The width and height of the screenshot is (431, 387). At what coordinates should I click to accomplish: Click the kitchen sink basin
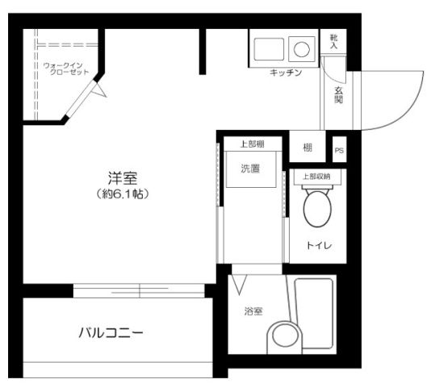pyautogui.click(x=269, y=49)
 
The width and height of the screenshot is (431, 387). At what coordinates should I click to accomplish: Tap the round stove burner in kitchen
pyautogui.click(x=301, y=49)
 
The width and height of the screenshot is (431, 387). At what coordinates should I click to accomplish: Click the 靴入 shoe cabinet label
pyautogui.click(x=334, y=42)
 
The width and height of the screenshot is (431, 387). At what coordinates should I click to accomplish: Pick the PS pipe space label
pyautogui.click(x=339, y=149)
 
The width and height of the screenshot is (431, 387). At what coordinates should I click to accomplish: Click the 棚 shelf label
pyautogui.click(x=308, y=148)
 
